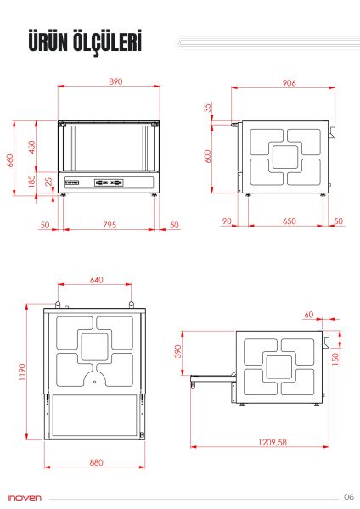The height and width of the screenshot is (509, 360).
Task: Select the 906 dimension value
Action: [x=287, y=82]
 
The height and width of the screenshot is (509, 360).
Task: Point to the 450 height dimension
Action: [x=32, y=146]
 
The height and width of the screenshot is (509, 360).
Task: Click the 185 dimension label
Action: [x=32, y=181]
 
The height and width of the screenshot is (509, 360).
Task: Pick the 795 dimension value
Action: [x=110, y=225]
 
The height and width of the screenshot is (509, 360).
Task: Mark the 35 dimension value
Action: [x=207, y=109]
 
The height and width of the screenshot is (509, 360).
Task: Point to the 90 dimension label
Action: [x=226, y=221]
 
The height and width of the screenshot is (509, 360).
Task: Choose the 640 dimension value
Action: [x=95, y=279]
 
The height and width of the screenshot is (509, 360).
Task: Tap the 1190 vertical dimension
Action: [x=24, y=373]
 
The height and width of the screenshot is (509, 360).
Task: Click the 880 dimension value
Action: [x=96, y=462]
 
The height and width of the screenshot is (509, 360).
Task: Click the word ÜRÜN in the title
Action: [x=48, y=42]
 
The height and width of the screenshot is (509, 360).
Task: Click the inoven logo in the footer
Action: [x=23, y=498]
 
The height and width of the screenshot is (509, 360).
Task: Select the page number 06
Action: [x=348, y=496]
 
